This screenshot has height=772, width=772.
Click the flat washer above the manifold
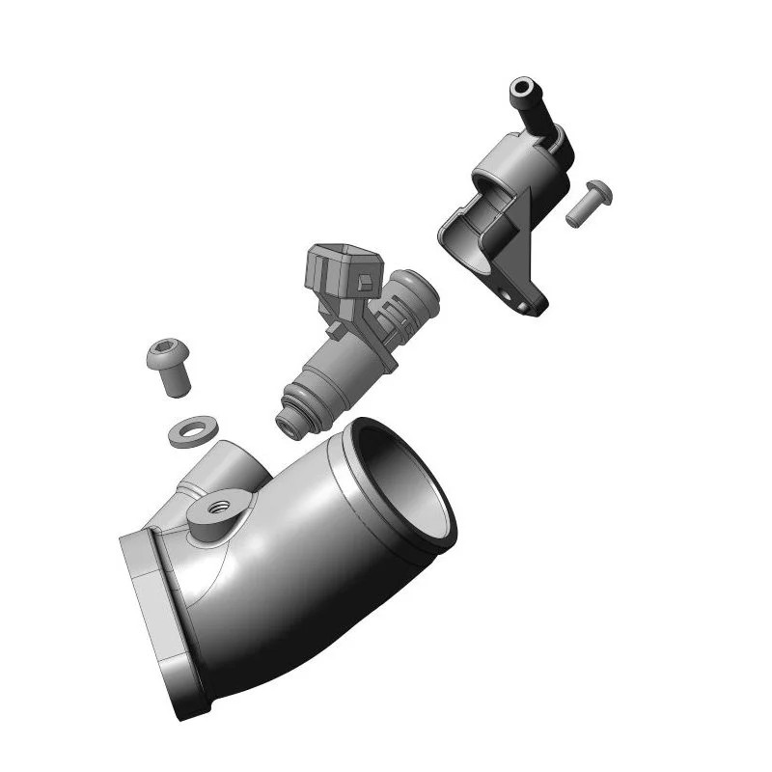pos(192,431)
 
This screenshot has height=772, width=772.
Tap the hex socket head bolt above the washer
pos(169,367)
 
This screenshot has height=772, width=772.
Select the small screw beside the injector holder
pos(586,202)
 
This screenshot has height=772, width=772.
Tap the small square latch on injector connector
pos(364,282)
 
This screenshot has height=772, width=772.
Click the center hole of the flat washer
pos(192,428)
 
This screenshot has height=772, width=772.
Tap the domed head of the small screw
pos(598,189)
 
